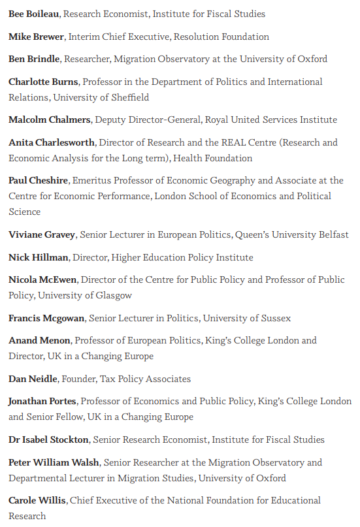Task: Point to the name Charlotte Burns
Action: pyautogui.click(x=43, y=82)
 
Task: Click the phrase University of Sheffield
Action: pyautogui.click(x=101, y=97)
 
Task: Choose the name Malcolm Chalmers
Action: pyautogui.click(x=50, y=120)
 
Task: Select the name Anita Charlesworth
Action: pyautogui.click(x=51, y=142)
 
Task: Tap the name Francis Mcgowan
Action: pyautogui.click(x=46, y=318)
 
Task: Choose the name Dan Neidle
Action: pyautogui.click(x=33, y=379)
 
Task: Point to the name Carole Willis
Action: pyautogui.click(x=37, y=500)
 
